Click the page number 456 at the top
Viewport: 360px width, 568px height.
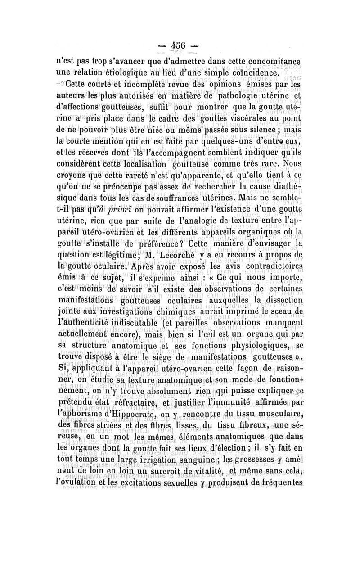(x=179, y=47)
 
